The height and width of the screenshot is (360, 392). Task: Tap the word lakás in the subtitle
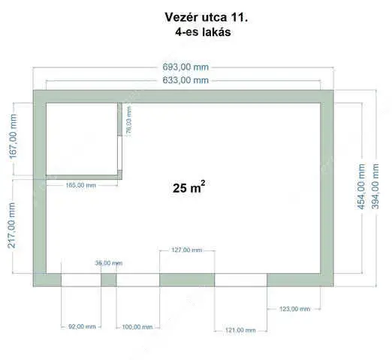click(x=217, y=32)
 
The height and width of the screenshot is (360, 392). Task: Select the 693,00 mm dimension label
click(x=185, y=67)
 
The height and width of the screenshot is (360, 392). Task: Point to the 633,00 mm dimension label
click(x=185, y=80)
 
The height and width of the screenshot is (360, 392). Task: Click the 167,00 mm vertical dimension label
click(x=13, y=136)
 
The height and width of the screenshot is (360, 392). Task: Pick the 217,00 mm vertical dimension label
click(x=12, y=225)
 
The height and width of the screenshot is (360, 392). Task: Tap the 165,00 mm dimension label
click(x=81, y=185)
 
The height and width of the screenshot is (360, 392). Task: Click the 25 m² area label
click(x=189, y=187)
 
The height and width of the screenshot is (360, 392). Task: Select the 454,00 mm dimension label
click(x=361, y=186)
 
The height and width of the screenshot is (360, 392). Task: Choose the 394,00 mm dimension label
click(x=375, y=186)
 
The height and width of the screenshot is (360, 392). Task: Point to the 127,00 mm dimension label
click(x=187, y=250)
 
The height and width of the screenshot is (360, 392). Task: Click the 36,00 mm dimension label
click(x=109, y=263)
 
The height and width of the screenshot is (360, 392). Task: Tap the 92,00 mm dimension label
click(x=82, y=326)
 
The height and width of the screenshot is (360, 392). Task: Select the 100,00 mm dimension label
click(x=137, y=327)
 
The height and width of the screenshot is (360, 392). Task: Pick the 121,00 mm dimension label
click(x=240, y=330)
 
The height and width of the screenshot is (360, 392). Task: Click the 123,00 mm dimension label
click(x=294, y=309)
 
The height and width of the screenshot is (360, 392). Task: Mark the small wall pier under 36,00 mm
click(x=109, y=280)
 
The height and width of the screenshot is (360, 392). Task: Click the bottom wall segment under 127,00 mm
click(x=187, y=280)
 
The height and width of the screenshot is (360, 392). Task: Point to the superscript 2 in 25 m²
click(x=203, y=183)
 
